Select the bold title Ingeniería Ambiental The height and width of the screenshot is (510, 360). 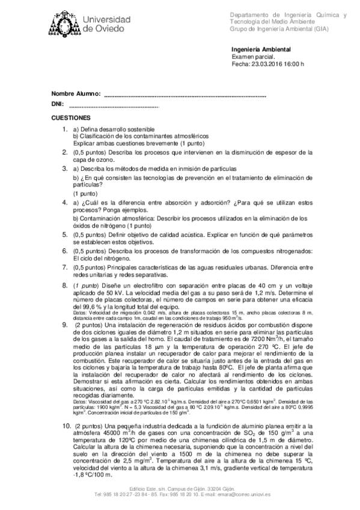[x=261, y=49]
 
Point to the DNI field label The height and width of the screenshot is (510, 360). [x=57, y=105]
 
